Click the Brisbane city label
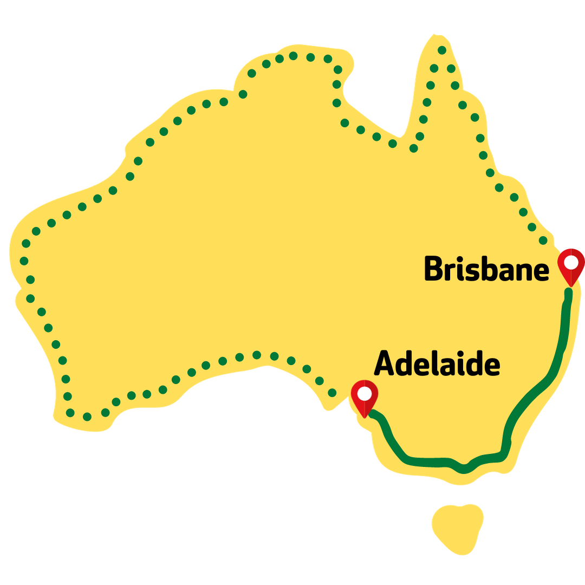pyautogui.click(x=486, y=269)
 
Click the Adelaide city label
pyautogui.click(x=437, y=364)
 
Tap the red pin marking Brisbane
pyautogui.click(x=571, y=265)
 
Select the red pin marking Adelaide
pyautogui.click(x=365, y=397)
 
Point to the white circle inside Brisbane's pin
pyautogui.click(x=571, y=262)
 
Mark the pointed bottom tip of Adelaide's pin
pyautogui.click(x=365, y=417)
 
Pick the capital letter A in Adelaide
pyautogui.click(x=385, y=363)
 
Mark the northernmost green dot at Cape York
pyautogui.click(x=442, y=50)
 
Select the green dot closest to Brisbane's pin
pyautogui.click(x=543, y=240)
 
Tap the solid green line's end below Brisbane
pyautogui.click(x=568, y=293)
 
